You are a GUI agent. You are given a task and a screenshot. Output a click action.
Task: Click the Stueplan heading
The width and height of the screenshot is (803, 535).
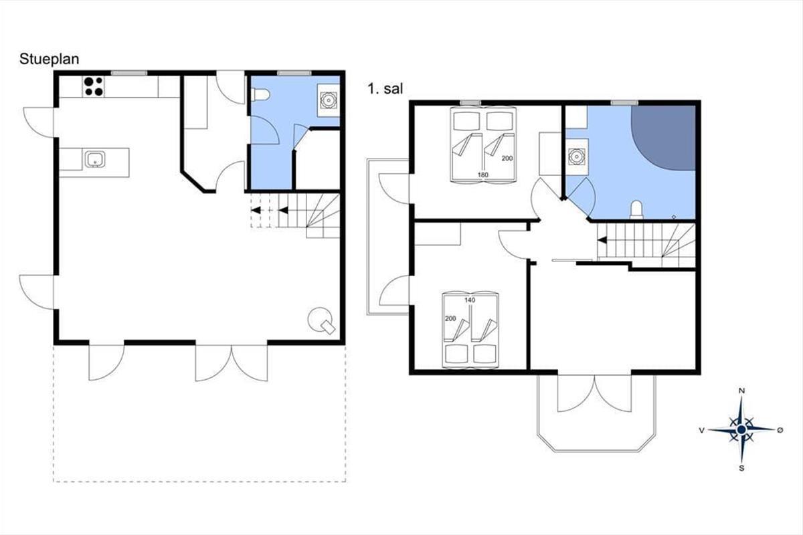point(49,60)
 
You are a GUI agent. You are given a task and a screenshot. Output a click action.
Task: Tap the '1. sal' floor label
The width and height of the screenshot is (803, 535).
point(385,89)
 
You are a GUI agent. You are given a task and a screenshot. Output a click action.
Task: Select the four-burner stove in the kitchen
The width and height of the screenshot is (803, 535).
point(94,87)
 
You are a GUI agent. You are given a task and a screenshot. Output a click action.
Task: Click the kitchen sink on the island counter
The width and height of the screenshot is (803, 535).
point(95,159)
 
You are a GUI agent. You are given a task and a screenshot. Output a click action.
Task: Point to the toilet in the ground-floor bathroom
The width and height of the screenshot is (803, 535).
point(260,95)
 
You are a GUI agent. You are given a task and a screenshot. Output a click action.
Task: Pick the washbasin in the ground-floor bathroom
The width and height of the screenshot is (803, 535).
point(329,100)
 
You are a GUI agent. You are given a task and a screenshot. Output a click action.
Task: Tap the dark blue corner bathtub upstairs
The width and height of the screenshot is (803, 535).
point(663,138)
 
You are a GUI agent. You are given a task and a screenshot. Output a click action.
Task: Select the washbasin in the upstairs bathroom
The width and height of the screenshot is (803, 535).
point(577,156)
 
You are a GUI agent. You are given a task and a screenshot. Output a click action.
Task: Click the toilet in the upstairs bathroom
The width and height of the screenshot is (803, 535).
point(636,210)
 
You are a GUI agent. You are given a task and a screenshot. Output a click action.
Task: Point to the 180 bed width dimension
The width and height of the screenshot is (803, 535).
point(483,175)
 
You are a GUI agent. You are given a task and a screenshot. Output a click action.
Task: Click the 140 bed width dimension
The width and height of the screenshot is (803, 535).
point(470,300)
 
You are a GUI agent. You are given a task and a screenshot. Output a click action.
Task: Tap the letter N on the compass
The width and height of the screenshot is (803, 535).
point(741,391)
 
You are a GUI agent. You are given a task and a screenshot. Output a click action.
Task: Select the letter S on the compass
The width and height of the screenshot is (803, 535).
point(741,468)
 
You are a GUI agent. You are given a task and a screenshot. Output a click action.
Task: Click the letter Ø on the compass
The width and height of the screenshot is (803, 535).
point(780,430)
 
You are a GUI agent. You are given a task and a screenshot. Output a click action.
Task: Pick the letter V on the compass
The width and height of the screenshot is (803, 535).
point(702,431)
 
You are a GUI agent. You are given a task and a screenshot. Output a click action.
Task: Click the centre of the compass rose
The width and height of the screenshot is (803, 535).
point(741,429)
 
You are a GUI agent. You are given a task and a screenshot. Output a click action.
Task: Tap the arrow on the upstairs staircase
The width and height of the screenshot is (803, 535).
point(602,240)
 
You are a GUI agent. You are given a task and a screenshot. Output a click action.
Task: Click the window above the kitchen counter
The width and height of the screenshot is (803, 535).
point(129,73)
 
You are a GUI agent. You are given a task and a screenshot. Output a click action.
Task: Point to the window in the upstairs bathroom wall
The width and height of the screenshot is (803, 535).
point(624,103)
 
